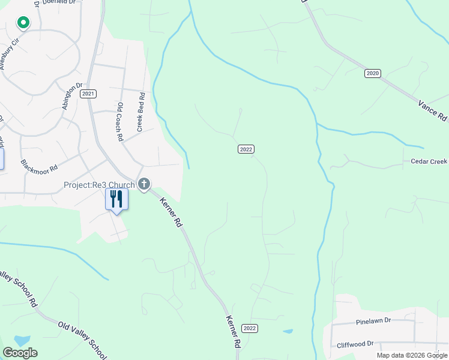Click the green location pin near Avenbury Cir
click(x=23, y=23)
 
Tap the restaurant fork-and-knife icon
click(x=116, y=199)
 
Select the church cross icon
click(x=144, y=184)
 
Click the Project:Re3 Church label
click(x=100, y=185)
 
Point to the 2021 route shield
click(x=89, y=94)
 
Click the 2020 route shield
click(x=372, y=73)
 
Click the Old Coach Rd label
click(x=121, y=122)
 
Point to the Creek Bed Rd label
click(x=141, y=112)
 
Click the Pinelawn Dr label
click(x=372, y=321)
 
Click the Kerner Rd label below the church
click(x=170, y=213)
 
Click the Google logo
click(x=20, y=353)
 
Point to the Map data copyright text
click(x=411, y=355)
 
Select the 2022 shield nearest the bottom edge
click(x=250, y=328)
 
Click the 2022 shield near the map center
click(x=246, y=149)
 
